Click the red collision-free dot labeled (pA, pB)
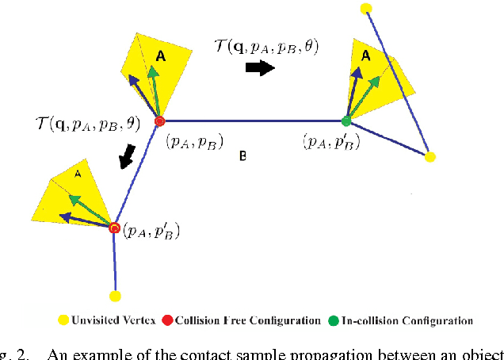coord(159,121)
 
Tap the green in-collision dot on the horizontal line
coord(346,121)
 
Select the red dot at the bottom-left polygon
coord(115,228)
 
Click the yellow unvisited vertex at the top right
coord(365,8)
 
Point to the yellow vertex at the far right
coord(430,157)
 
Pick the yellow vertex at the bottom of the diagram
coord(116,296)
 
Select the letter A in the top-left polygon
coord(161,56)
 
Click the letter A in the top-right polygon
coord(365,56)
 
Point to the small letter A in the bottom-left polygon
coord(78,173)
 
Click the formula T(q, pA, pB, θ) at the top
coord(267,47)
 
